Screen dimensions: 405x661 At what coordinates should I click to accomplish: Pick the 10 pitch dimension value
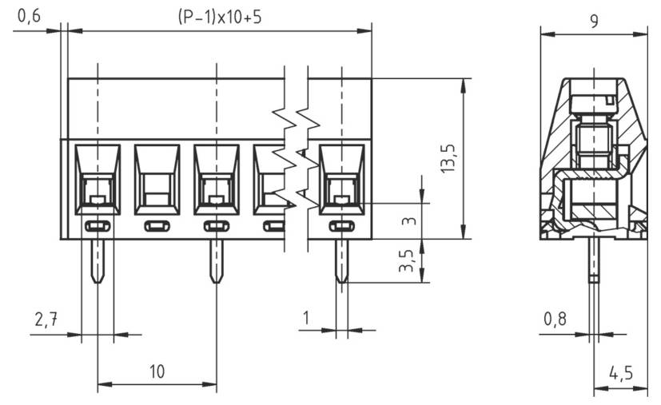click(157, 371)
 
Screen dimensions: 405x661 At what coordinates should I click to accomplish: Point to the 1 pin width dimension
click(306, 319)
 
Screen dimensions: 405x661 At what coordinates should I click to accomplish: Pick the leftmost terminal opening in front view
click(97, 178)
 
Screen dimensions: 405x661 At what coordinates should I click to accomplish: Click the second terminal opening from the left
click(157, 178)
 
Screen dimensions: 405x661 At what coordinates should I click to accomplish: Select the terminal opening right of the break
click(341, 178)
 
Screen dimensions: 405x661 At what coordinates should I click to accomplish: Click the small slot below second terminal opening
click(157, 227)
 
